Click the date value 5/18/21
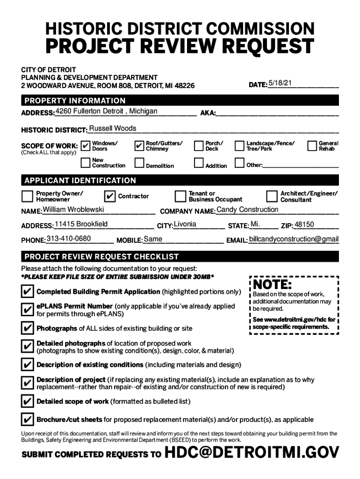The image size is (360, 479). click(x=280, y=83)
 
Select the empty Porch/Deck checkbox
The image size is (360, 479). click(x=198, y=146)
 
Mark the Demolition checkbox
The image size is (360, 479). click(x=139, y=163)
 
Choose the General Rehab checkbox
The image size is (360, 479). click(x=312, y=146)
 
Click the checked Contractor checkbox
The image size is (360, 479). click(x=109, y=196)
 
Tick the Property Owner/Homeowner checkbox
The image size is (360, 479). click(x=27, y=196)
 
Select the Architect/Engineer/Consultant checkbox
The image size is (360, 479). click(x=272, y=196)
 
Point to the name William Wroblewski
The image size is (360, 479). click(x=73, y=210)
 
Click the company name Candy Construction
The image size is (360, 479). click(x=247, y=210)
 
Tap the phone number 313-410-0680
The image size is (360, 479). click(x=69, y=239)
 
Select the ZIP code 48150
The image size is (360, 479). click(x=304, y=225)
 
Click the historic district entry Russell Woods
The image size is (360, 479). click(x=113, y=128)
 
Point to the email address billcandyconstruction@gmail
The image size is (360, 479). click(x=294, y=239)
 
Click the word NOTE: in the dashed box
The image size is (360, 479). click(x=273, y=284)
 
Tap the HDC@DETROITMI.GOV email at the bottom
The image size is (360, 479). click(x=252, y=453)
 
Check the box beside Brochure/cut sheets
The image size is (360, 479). click(x=27, y=419)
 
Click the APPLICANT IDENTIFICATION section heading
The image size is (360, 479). click(x=80, y=181)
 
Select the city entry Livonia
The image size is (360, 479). click(x=185, y=224)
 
